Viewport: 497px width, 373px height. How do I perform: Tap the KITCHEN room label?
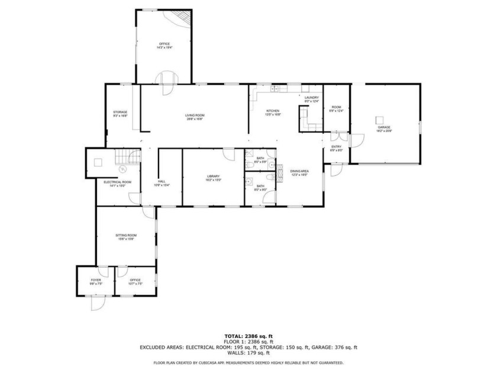click(272, 111)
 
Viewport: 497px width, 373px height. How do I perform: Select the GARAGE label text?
click(385, 127)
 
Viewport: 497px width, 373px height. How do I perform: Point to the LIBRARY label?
click(214, 176)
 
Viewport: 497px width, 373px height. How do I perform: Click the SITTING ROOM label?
click(125, 235)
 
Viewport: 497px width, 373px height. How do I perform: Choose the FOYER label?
click(96, 280)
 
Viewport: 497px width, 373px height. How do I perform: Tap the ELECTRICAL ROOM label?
click(117, 182)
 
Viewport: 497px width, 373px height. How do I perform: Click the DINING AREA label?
click(299, 171)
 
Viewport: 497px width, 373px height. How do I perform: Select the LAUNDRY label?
click(312, 98)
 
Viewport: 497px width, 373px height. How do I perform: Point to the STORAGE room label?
click(120, 112)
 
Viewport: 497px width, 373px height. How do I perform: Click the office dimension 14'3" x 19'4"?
click(164, 48)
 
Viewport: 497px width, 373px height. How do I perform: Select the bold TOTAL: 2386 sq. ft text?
click(248, 336)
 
